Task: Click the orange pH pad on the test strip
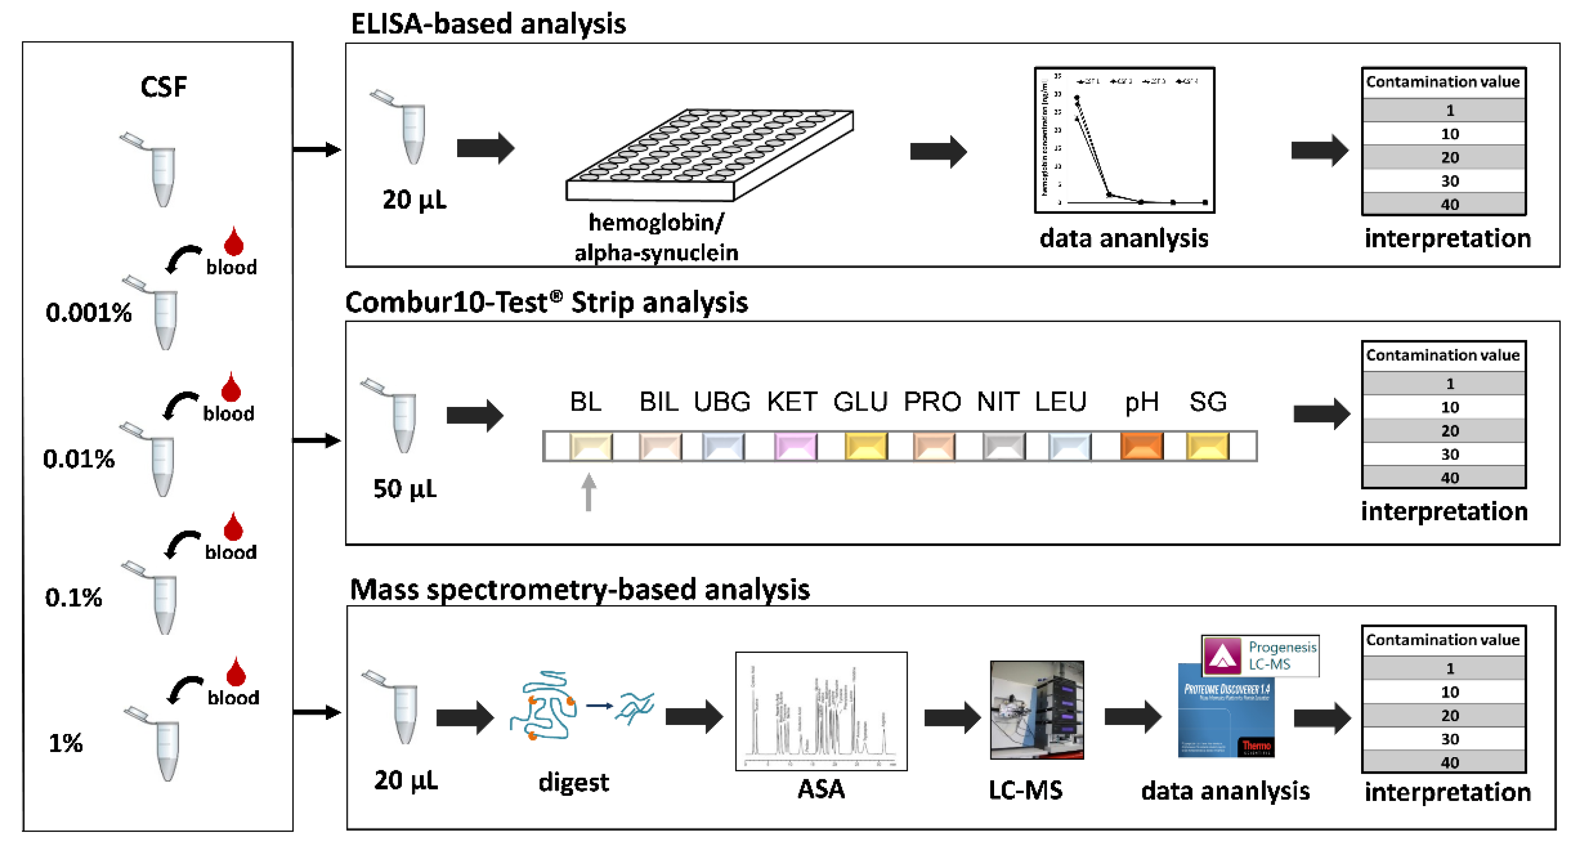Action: pyautogui.click(x=1141, y=446)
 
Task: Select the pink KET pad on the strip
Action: pyautogui.click(x=795, y=446)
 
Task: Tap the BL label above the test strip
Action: pyautogui.click(x=586, y=402)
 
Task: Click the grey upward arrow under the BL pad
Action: pyautogui.click(x=588, y=491)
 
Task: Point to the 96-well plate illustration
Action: pyautogui.click(x=709, y=155)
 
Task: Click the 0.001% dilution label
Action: pyautogui.click(x=89, y=313)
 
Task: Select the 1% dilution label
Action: pyautogui.click(x=66, y=743)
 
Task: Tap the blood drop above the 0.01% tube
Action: pyautogui.click(x=231, y=386)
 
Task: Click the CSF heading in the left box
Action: pyautogui.click(x=163, y=87)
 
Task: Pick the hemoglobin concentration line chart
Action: pyautogui.click(x=1124, y=141)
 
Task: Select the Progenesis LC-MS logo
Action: pyautogui.click(x=1260, y=655)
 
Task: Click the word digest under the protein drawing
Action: pyautogui.click(x=573, y=782)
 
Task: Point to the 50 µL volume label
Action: pyautogui.click(x=405, y=489)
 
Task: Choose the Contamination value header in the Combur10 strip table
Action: pyautogui.click(x=1443, y=355)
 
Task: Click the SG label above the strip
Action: pyautogui.click(x=1208, y=402)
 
